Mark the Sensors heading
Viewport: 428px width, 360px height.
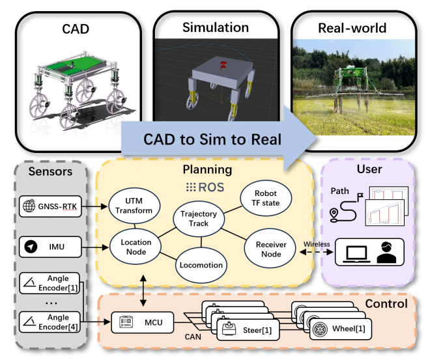pos(50,173)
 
